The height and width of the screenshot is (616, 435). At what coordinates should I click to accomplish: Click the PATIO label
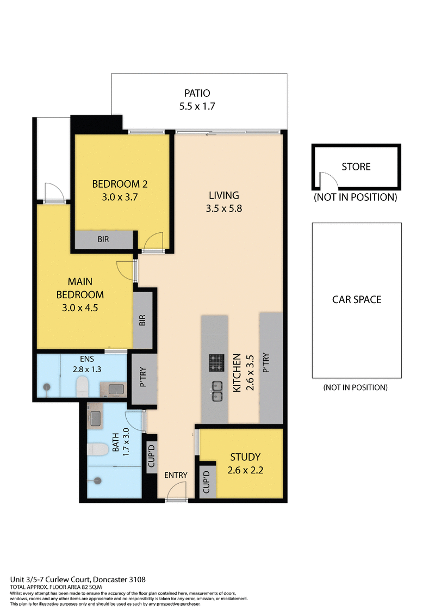[x=197, y=93]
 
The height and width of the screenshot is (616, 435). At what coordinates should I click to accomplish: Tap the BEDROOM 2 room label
[x=120, y=184]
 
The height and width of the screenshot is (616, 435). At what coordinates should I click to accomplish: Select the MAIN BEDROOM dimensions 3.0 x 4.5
[x=80, y=308]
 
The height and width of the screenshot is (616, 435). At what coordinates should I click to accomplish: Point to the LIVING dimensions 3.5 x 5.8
[x=224, y=208]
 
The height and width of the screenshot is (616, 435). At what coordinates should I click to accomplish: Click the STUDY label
[x=245, y=457]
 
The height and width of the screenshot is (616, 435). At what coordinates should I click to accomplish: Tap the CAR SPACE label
[x=357, y=299]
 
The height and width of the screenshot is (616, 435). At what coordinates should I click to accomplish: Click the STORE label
[x=356, y=167]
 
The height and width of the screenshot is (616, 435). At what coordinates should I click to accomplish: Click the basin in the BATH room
[x=96, y=418]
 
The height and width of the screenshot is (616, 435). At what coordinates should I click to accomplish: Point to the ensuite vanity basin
[x=115, y=389]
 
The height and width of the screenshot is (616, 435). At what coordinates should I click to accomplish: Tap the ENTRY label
[x=176, y=475]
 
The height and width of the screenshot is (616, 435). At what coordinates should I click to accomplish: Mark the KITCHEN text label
[x=237, y=373]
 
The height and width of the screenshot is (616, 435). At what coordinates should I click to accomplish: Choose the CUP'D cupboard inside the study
[x=207, y=481]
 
